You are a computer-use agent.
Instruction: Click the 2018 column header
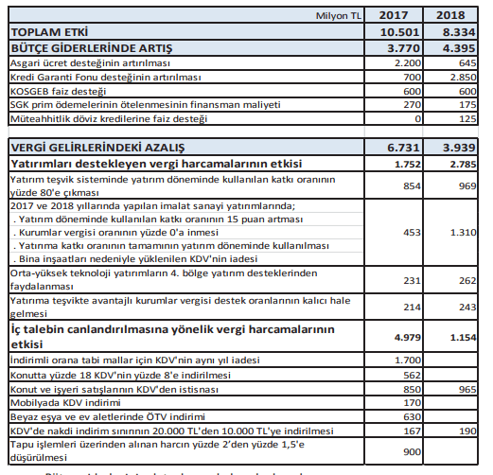click(458, 16)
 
